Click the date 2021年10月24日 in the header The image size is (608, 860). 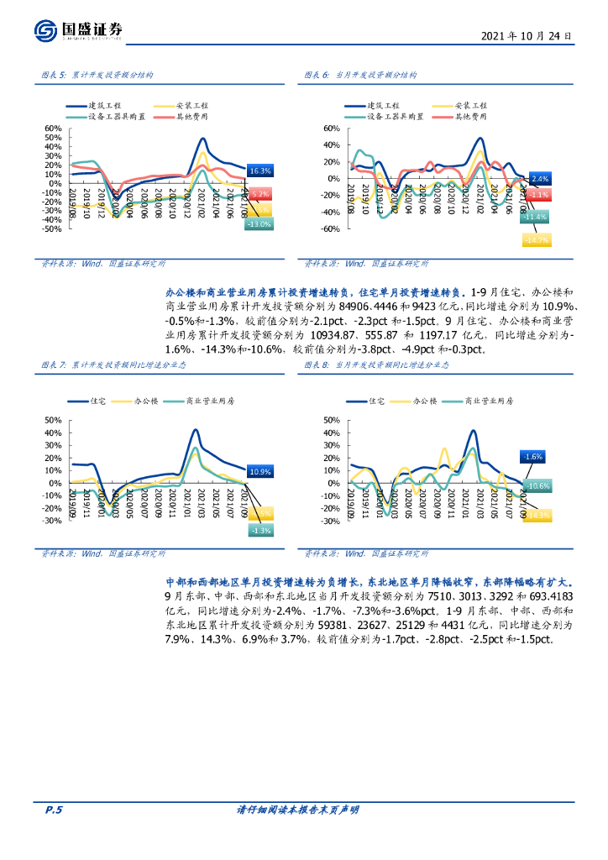pos(527,37)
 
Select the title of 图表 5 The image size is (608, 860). pos(97,75)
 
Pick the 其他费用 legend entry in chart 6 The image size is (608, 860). pos(472,117)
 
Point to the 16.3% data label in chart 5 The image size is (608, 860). pos(260,170)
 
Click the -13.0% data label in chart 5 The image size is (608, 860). pos(259,224)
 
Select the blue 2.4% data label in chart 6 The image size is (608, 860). pos(540,179)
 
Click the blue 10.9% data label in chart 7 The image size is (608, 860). pos(260,472)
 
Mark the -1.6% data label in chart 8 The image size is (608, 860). pos(532,456)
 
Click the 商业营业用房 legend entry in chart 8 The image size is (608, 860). pos(488,402)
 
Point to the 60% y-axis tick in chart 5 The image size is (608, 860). pos(52,128)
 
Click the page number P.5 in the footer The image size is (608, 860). pos(54,810)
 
